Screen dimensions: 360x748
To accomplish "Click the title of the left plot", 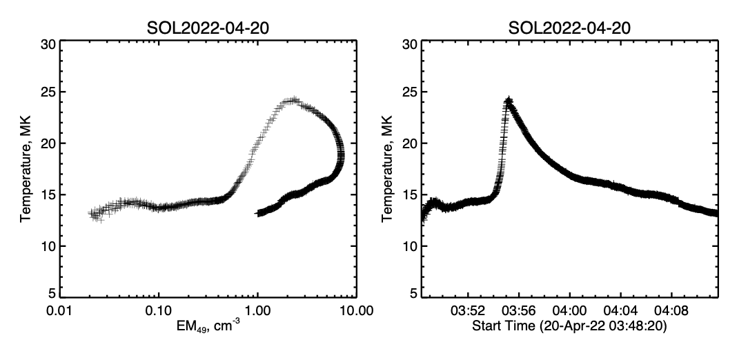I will [x=210, y=28].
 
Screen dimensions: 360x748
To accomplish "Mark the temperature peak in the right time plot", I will [x=509, y=101].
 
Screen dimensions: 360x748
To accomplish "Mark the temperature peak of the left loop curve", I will [x=293, y=101].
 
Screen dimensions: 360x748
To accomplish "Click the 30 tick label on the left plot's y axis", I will [x=48, y=44].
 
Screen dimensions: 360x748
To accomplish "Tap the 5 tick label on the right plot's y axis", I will [x=411, y=293].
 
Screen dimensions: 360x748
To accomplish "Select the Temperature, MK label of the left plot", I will [x=26, y=170].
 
